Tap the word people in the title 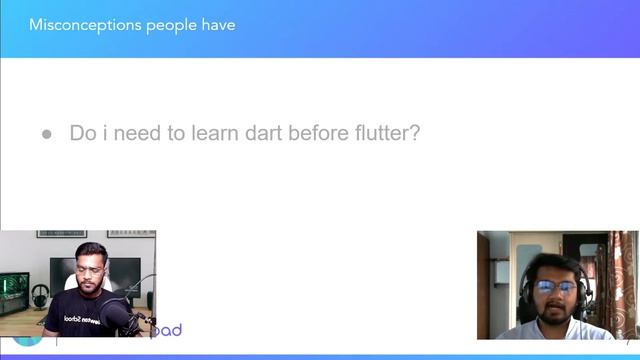[x=168, y=24]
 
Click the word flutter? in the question [x=381, y=133]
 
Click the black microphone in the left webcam [x=118, y=317]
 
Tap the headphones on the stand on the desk [x=40, y=297]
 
